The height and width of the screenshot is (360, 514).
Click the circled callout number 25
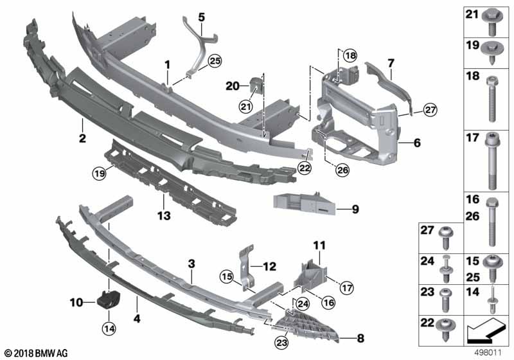[x=215, y=60]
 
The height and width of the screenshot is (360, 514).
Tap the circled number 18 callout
[x=350, y=55]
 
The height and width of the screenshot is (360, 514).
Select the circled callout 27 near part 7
[x=430, y=109]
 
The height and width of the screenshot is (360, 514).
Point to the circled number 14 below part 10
[x=109, y=328]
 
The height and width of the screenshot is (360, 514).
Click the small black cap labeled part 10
[x=109, y=299]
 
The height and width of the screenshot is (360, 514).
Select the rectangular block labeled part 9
[x=304, y=204]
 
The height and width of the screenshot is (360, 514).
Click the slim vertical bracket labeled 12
[x=247, y=267]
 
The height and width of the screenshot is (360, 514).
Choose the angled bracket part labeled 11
[x=310, y=274]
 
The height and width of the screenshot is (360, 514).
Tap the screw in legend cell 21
[x=491, y=22]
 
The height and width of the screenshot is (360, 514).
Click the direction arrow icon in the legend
[x=485, y=330]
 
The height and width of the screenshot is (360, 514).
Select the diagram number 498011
[x=488, y=353]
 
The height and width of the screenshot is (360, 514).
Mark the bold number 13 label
[x=164, y=216]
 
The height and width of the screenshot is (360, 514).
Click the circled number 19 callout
[x=100, y=173]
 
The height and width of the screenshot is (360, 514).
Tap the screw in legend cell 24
[x=446, y=269]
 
